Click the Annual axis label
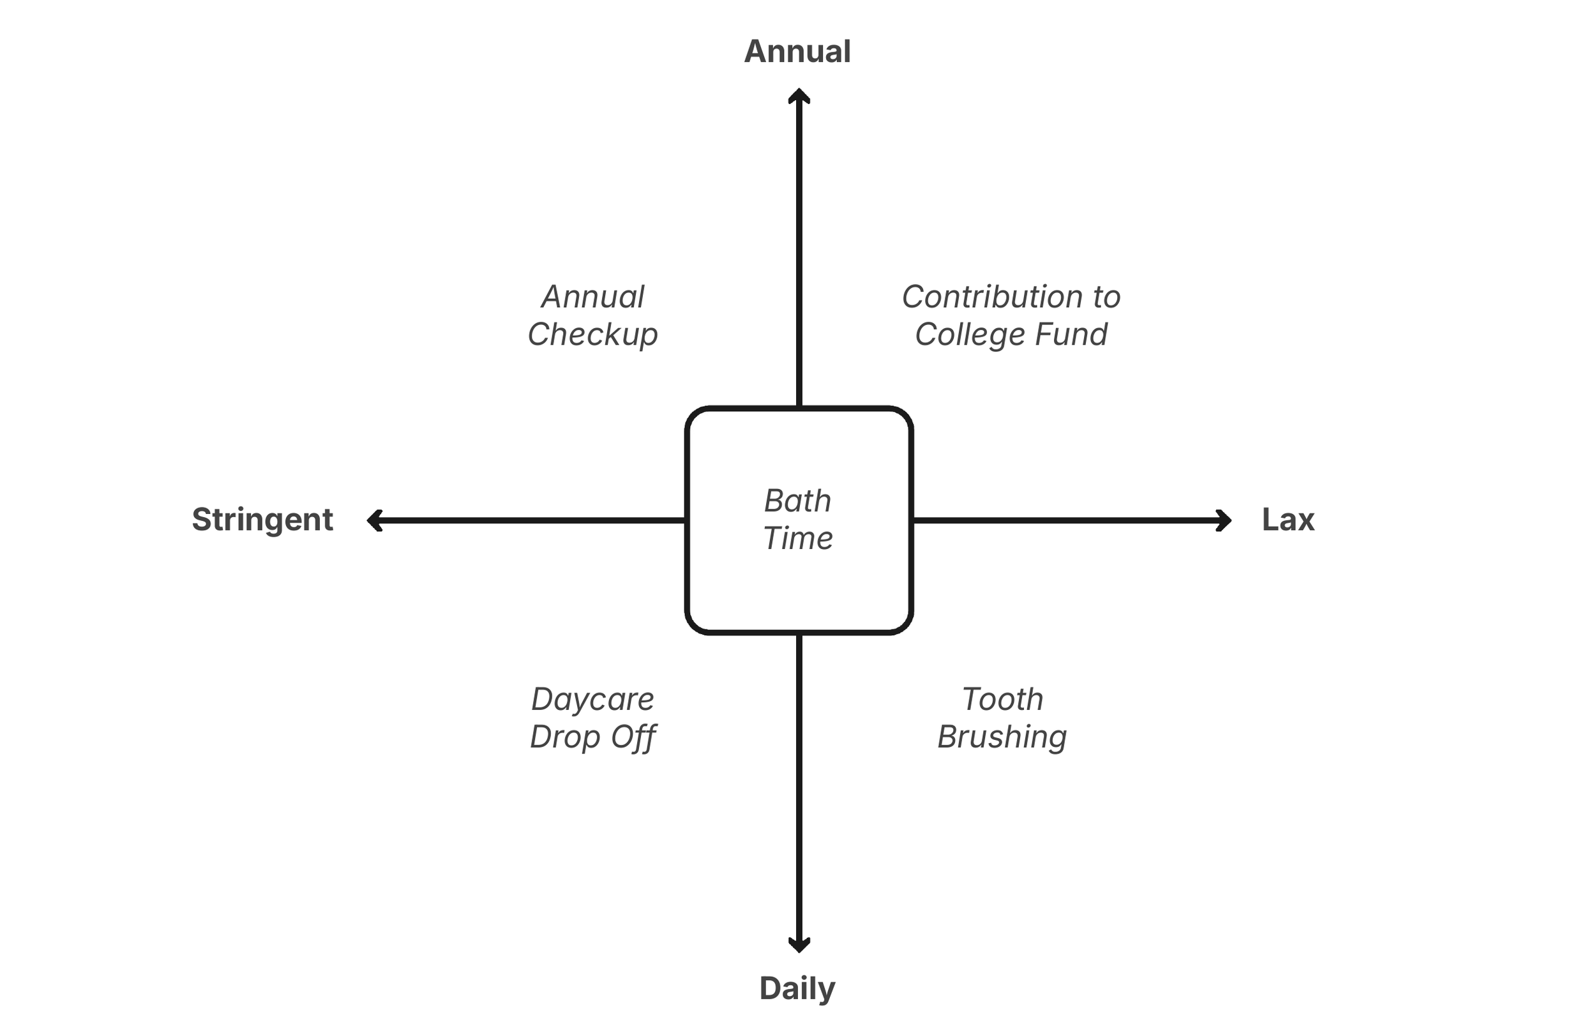[797, 52]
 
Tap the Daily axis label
[797, 989]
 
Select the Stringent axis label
[262, 520]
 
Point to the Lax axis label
[1288, 520]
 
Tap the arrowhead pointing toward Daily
[799, 944]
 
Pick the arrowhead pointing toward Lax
[1223, 520]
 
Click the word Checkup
[593, 335]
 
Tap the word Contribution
[993, 297]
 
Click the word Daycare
[593, 700]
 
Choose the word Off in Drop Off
[633, 737]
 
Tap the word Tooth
[1002, 700]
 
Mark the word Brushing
[1002, 737]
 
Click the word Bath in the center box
[798, 501]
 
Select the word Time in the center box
[798, 539]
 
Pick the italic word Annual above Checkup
[593, 297]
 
